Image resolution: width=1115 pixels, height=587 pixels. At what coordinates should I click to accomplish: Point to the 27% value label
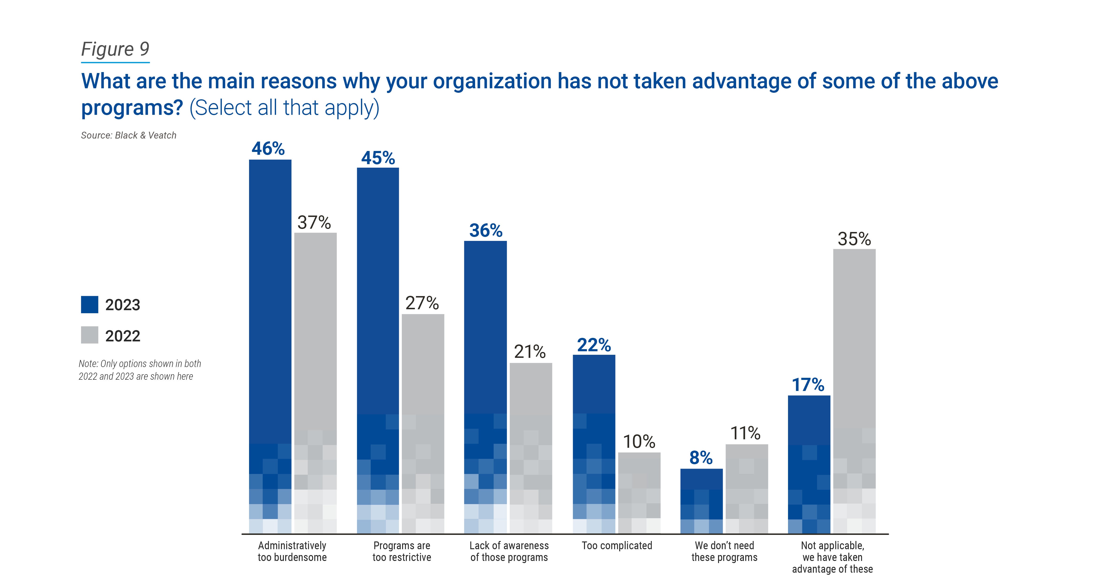pyautogui.click(x=422, y=303)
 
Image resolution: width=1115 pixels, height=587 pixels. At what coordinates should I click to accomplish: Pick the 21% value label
pyautogui.click(x=530, y=351)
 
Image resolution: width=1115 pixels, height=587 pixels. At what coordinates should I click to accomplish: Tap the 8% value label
pyautogui.click(x=701, y=458)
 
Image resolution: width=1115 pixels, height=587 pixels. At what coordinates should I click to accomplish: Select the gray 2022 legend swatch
pyautogui.click(x=90, y=335)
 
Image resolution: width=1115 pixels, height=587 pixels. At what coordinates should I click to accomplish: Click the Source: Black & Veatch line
pyautogui.click(x=129, y=135)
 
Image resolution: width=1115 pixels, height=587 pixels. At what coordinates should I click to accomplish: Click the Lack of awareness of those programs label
pyautogui.click(x=509, y=552)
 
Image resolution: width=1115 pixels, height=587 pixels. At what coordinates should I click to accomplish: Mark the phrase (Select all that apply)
pyautogui.click(x=284, y=108)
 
